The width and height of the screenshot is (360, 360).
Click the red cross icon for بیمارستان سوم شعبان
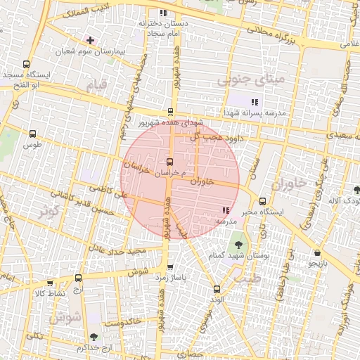pos(90,40)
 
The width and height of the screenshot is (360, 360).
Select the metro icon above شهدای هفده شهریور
pos(171,111)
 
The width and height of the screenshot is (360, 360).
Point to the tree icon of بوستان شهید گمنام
pos(238,245)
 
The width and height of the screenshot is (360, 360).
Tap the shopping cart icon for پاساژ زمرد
pos(170,267)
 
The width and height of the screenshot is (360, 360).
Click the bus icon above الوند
pos(216,289)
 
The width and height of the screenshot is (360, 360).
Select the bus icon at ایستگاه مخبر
pos(262,200)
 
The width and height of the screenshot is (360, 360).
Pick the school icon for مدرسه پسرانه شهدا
pos(254,102)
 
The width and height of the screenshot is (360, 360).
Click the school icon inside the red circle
pos(226,210)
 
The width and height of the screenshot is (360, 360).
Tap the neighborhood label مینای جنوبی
pos(251,79)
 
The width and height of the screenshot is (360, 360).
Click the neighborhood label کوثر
pos(49,210)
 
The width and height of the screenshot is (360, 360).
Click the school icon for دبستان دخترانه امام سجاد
pos(163,13)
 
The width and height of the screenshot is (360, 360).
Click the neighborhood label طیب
pos(251,278)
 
